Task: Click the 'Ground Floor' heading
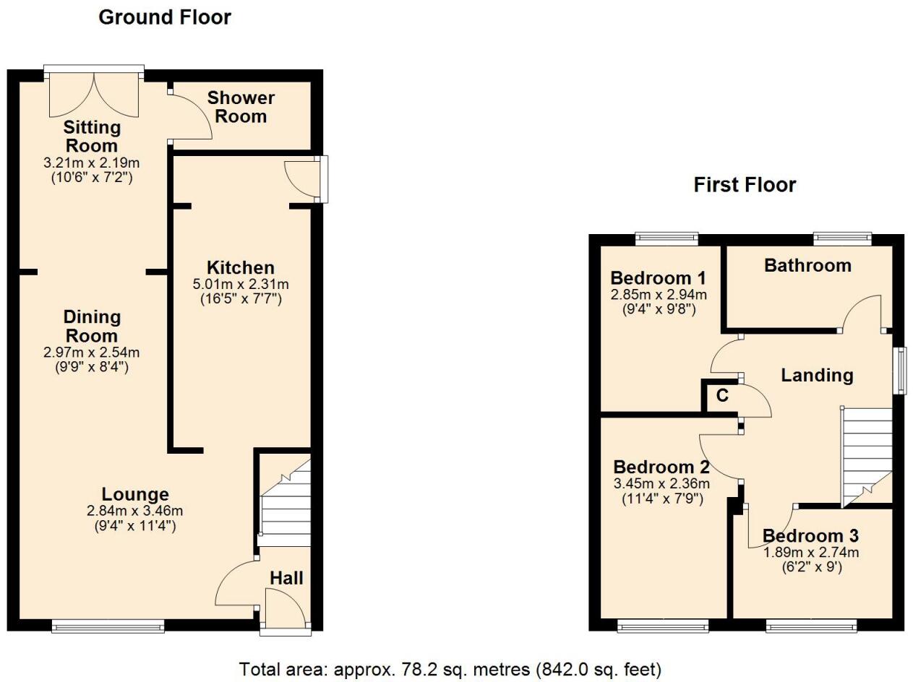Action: (165, 17)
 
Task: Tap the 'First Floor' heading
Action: (745, 185)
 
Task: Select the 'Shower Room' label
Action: (241, 107)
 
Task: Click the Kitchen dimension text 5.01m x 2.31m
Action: (240, 285)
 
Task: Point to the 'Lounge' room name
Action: (135, 495)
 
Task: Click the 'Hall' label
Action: (286, 578)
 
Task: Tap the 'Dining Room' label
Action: (92, 327)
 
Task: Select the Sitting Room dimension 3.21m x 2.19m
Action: (92, 163)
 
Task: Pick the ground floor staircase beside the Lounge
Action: (285, 506)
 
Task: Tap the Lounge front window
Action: (108, 626)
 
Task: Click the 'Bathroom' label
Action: (807, 266)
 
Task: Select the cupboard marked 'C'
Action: (721, 396)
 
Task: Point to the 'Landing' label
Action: (817, 376)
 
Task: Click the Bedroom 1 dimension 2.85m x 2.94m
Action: (659, 295)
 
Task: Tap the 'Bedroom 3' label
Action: (810, 536)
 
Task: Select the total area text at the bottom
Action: (450, 669)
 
